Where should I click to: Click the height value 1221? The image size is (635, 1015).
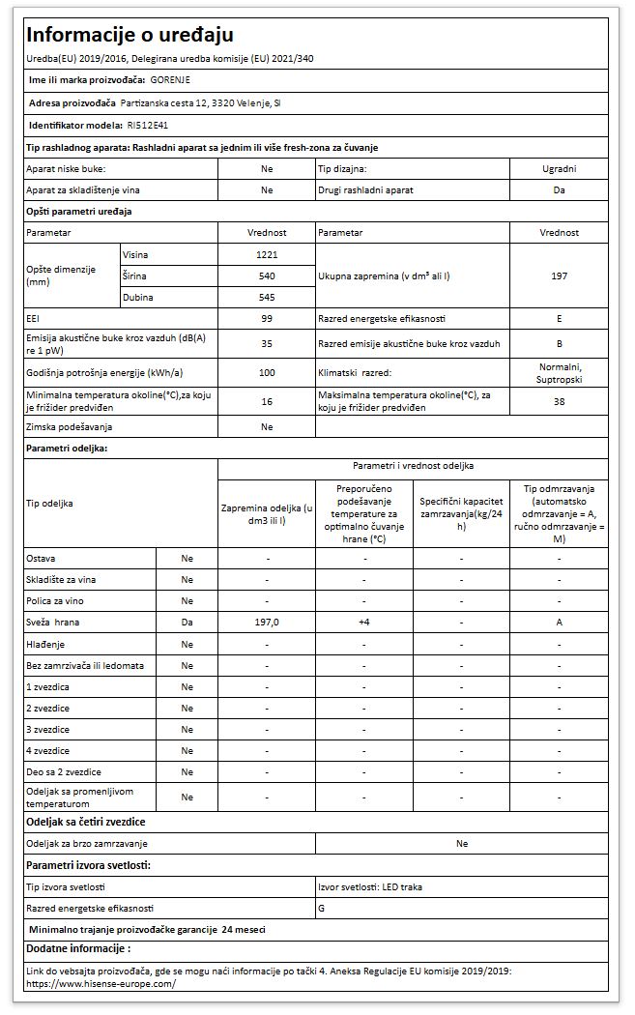pos(267,253)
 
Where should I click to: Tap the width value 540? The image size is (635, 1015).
pos(267,275)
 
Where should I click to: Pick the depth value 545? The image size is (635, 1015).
pos(267,297)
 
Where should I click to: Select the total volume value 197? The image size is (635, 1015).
pos(559,275)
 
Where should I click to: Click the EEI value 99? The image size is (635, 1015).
pos(267,318)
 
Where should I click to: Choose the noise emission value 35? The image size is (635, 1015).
pos(267,342)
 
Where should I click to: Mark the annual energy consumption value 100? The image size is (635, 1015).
pos(267,372)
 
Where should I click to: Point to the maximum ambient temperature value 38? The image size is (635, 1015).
pos(559,401)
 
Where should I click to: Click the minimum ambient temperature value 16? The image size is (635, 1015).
pos(267,401)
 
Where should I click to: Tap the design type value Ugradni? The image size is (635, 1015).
pos(559,168)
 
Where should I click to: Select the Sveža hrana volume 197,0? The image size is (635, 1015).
pos(267,623)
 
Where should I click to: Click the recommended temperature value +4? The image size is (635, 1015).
pos(363,623)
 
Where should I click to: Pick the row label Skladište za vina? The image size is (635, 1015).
pos(65,580)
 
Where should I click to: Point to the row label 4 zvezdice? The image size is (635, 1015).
pos(47,750)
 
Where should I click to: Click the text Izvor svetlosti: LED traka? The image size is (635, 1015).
pos(370,886)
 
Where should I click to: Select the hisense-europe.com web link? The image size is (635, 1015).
pos(101,984)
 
